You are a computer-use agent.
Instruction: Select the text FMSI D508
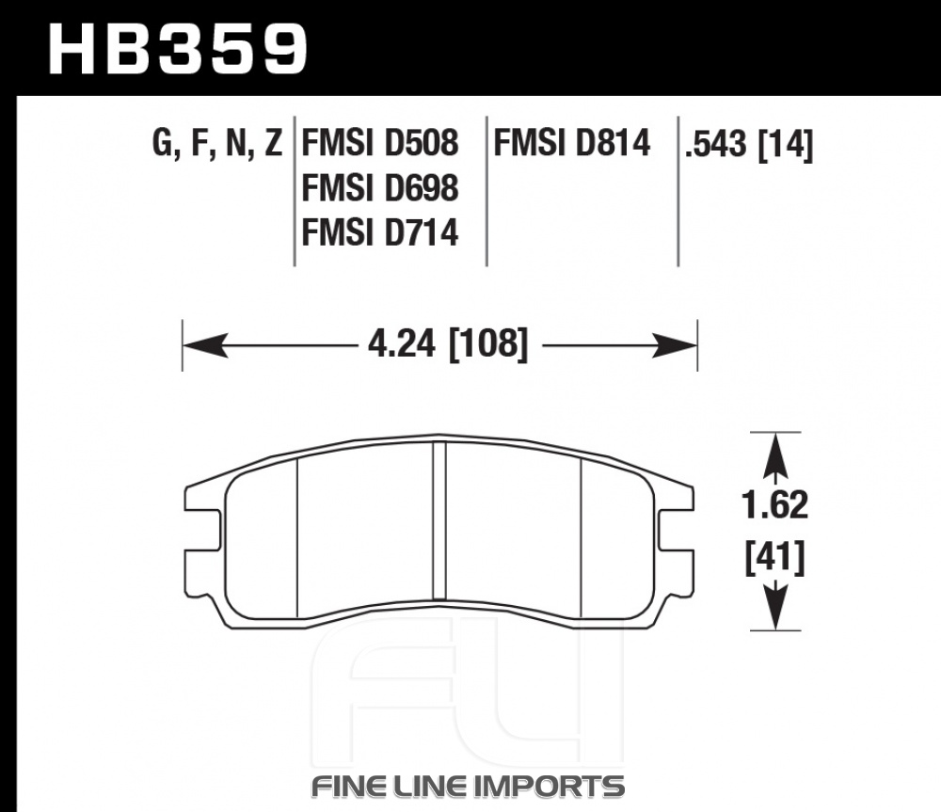coord(380,143)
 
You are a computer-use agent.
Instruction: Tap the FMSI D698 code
coord(380,188)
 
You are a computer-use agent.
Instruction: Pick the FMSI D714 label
coord(380,232)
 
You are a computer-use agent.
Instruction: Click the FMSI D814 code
coord(572,143)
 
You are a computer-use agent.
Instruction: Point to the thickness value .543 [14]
coord(749,145)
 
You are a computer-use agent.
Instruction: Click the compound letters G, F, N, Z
coord(217,144)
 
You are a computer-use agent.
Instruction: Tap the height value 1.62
coord(775,504)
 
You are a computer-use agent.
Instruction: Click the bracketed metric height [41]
coord(774,558)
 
